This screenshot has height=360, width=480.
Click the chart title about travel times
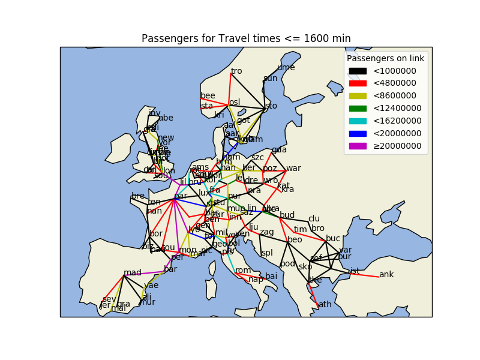(x=246, y=38)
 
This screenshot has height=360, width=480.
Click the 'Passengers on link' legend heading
(x=386, y=58)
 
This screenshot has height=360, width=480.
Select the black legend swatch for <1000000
(x=358, y=71)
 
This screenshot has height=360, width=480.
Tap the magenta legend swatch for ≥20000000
(x=358, y=146)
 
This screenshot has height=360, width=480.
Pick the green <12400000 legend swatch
(x=358, y=109)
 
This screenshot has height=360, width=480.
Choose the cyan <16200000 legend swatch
(x=358, y=121)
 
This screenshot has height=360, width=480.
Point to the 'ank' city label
(x=386, y=274)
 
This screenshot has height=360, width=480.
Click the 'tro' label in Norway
(x=236, y=71)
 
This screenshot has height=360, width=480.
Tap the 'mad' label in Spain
(x=132, y=273)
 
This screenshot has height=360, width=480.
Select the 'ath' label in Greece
(x=325, y=304)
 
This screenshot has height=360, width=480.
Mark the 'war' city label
(x=293, y=168)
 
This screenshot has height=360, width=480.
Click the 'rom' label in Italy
(x=243, y=271)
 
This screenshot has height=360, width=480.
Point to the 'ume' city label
(x=286, y=67)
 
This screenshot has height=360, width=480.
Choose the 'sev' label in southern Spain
(x=109, y=299)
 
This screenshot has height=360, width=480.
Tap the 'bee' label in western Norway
(x=208, y=95)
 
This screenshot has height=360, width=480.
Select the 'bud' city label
(x=287, y=215)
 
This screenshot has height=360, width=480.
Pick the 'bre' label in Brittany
(x=138, y=196)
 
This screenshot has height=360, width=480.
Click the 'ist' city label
(x=355, y=271)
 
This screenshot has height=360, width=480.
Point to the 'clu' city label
(x=314, y=219)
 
